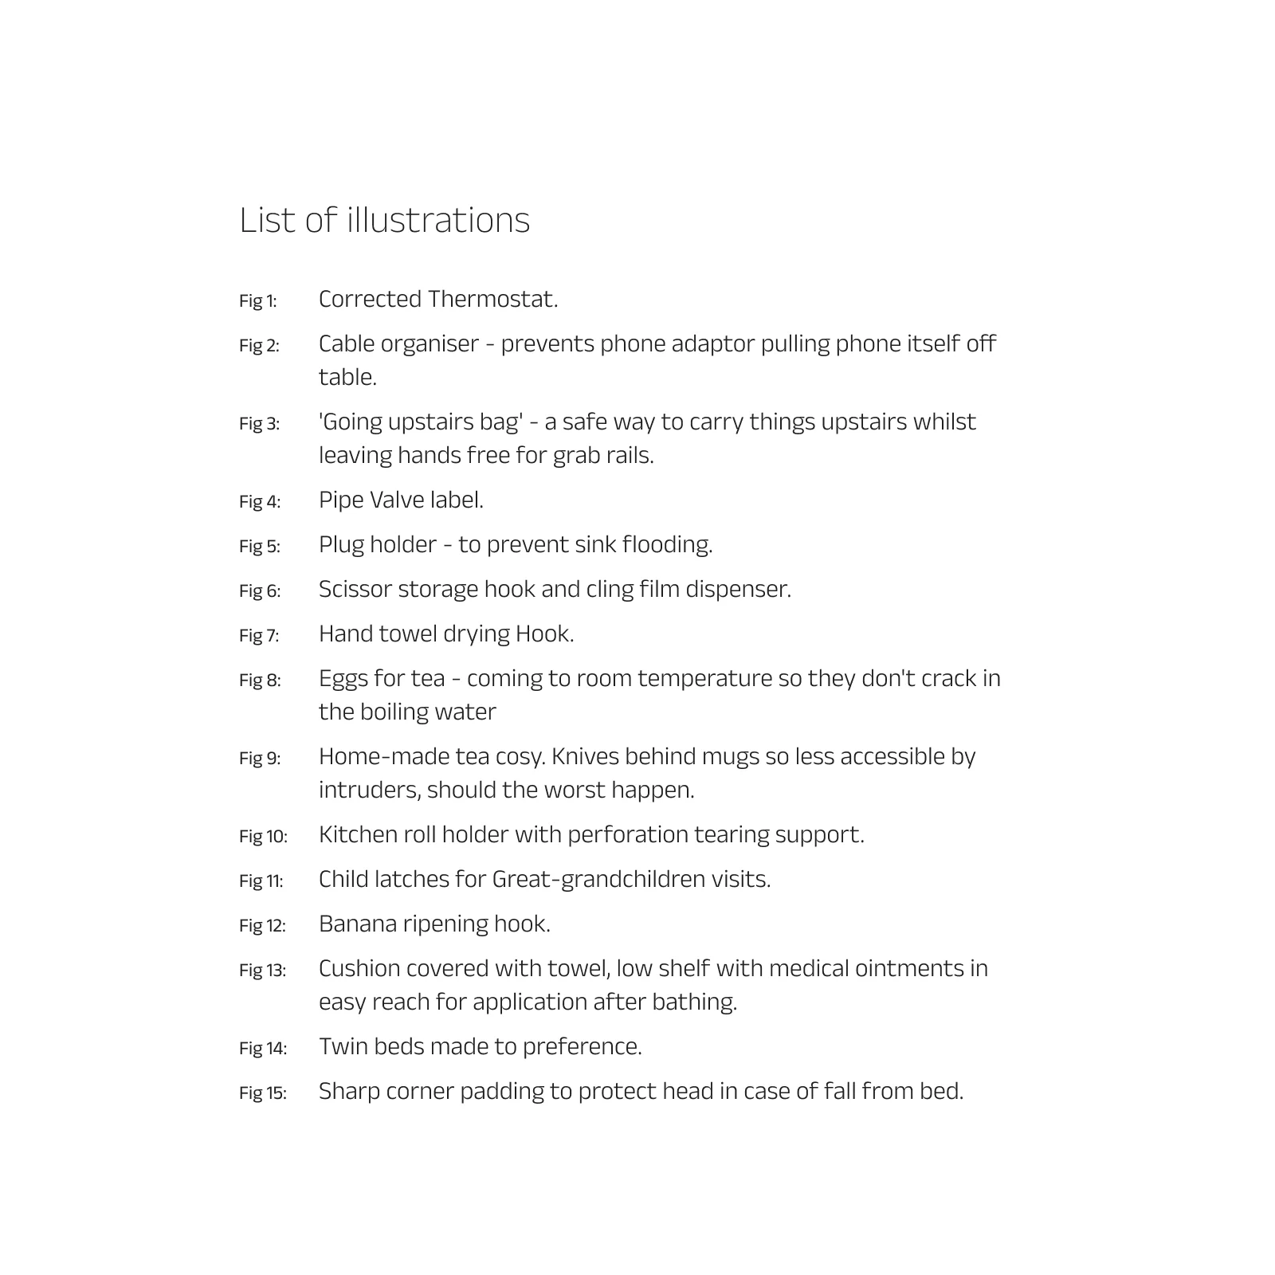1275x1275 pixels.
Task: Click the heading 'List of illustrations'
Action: tap(384, 220)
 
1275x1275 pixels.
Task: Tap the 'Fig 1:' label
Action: tap(258, 301)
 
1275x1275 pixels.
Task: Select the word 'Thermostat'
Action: tap(492, 299)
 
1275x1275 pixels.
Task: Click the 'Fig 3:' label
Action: tap(259, 424)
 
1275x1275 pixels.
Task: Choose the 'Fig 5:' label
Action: tap(259, 547)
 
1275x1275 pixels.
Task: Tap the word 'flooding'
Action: tap(667, 544)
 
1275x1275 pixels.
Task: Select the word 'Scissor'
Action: tap(355, 589)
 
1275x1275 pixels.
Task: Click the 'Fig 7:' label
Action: tap(259, 636)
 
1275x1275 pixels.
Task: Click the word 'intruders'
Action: tap(369, 790)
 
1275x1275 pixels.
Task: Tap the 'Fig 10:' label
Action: tap(263, 837)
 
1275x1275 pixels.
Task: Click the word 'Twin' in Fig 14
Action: tap(343, 1046)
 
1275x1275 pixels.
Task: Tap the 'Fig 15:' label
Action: tap(262, 1093)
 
